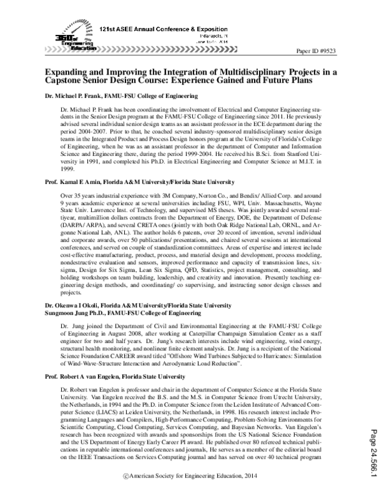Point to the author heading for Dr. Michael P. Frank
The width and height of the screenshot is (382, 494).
pyautogui.click(x=121, y=96)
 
